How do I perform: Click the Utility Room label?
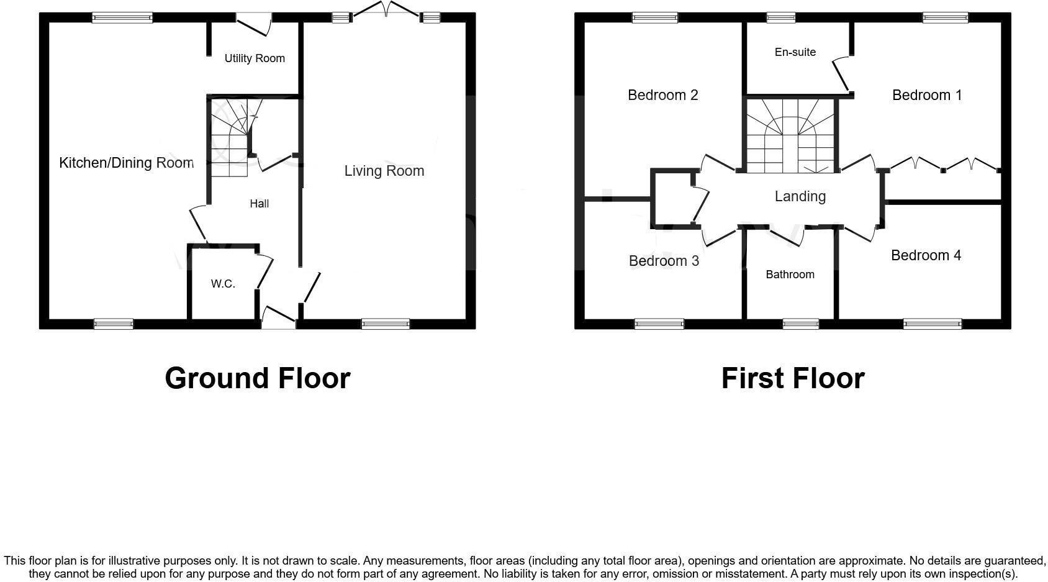pos(255,58)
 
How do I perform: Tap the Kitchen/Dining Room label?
pos(126,163)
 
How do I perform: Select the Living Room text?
pos(384,171)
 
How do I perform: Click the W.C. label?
pos(223,284)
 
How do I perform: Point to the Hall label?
pos(260,204)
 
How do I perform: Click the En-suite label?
pos(795,52)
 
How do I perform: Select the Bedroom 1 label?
pos(927,95)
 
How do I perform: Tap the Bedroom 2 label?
pos(663,95)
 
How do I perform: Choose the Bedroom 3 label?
pos(664,261)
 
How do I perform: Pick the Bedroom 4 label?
pos(926,255)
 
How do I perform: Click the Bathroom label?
pos(790,275)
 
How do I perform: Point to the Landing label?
pos(800,196)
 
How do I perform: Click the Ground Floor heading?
pos(258,378)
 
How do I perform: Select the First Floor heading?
pos(793,378)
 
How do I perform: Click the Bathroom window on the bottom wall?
pos(800,324)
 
